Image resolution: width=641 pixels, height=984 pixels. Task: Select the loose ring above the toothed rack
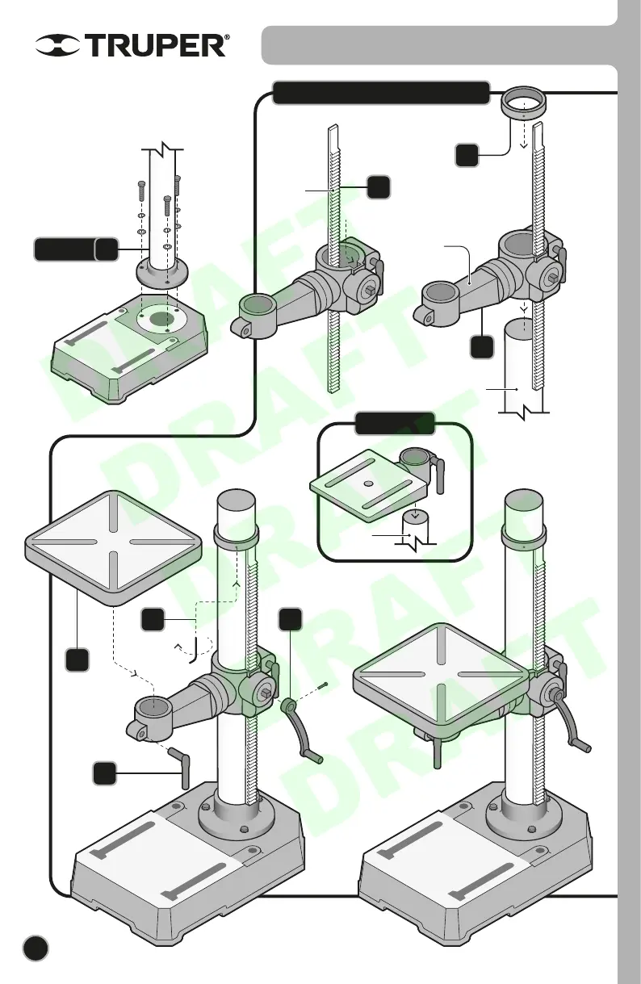click(526, 104)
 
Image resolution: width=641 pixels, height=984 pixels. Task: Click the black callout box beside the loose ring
click(467, 155)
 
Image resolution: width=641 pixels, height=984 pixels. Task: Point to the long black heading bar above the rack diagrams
click(381, 93)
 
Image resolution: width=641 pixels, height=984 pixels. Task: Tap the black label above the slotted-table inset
click(396, 422)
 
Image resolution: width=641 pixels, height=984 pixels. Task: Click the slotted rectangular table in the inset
click(367, 492)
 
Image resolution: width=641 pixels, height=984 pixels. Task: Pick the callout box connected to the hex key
click(153, 620)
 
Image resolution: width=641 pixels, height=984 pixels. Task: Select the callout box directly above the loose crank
click(291, 619)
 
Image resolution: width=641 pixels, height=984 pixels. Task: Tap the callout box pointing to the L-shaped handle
click(103, 773)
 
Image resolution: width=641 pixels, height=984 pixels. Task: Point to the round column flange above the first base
click(161, 269)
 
